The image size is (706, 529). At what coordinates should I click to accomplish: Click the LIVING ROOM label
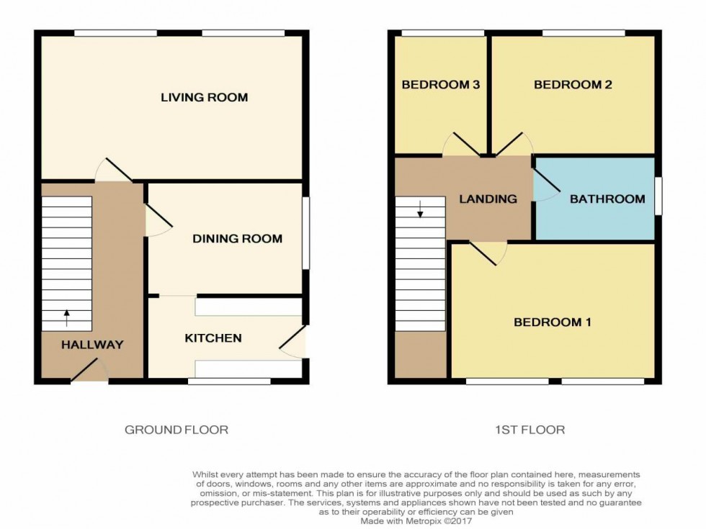[x=204, y=97]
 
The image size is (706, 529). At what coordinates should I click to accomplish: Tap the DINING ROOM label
[x=237, y=238]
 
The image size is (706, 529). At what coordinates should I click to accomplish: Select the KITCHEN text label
[x=213, y=338]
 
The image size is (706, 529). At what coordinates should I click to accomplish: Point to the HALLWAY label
[x=92, y=345]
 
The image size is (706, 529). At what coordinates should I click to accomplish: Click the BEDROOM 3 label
[x=441, y=84]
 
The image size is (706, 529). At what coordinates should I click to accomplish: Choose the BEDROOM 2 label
[x=573, y=84]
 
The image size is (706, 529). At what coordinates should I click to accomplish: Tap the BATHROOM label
[x=607, y=199]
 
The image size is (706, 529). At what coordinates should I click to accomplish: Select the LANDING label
[x=488, y=199]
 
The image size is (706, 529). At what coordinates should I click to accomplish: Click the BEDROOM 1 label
[x=553, y=322]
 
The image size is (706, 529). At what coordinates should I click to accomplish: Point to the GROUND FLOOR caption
[x=176, y=430]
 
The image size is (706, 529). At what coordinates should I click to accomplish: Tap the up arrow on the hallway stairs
[x=67, y=314]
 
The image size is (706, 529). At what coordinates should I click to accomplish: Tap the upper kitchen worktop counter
[x=249, y=307]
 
